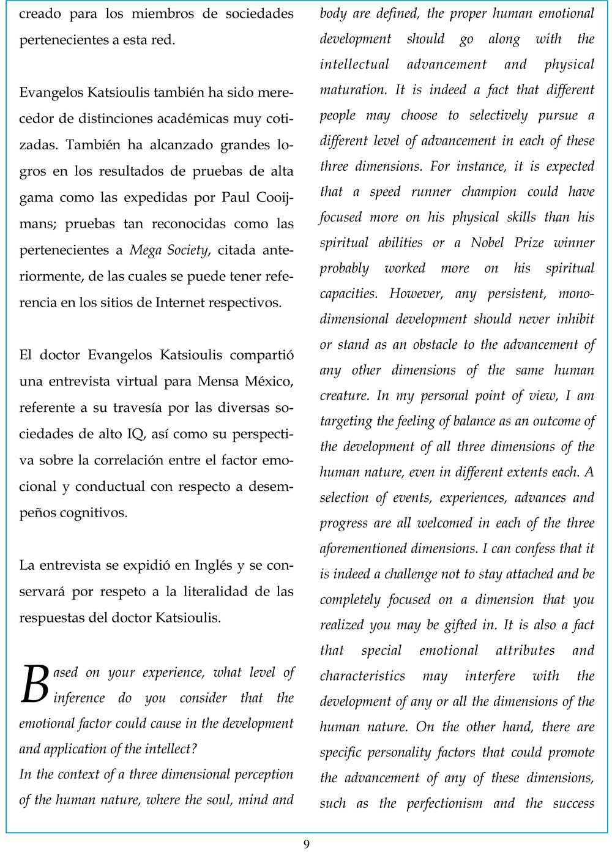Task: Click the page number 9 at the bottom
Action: click(x=306, y=844)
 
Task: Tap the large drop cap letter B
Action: click(x=34, y=684)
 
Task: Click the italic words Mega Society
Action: click(x=169, y=250)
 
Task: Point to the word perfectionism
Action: click(x=444, y=803)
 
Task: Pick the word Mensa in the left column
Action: click(x=218, y=381)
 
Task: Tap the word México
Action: click(x=269, y=381)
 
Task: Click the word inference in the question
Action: click(x=80, y=698)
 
